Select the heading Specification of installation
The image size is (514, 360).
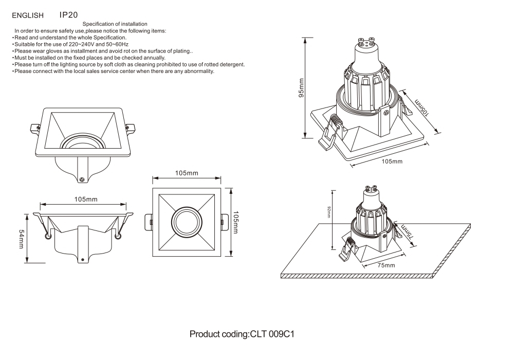[115, 24]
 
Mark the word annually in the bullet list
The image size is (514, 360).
[152, 58]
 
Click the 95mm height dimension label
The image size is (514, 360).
[302, 88]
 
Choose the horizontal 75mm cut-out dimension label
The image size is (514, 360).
[386, 265]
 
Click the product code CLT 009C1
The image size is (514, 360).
[271, 334]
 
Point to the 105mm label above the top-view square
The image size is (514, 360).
[187, 173]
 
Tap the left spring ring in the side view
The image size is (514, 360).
[48, 236]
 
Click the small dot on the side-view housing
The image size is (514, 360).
[82, 260]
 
